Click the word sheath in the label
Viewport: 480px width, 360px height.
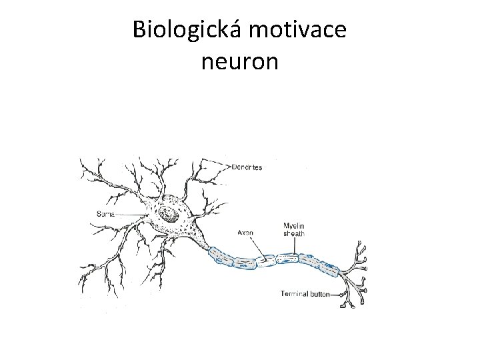tap(294, 233)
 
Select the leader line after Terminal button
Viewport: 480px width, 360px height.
tap(341, 293)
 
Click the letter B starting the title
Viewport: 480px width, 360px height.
tap(139, 31)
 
